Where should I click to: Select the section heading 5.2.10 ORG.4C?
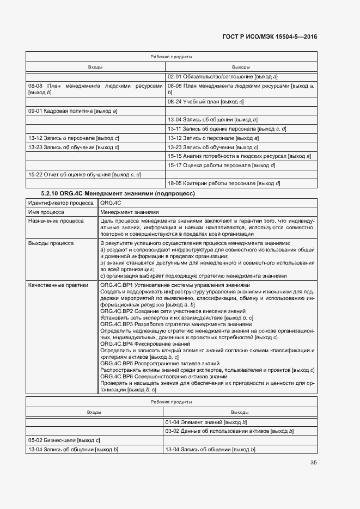click(x=118, y=193)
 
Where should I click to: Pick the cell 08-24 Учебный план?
click(x=205, y=101)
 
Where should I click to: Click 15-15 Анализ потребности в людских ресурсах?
click(x=239, y=156)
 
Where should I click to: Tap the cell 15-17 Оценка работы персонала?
click(x=221, y=165)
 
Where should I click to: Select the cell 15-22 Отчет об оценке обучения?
click(x=84, y=174)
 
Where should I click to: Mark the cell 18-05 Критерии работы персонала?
click(x=224, y=183)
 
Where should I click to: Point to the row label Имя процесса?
click(x=46, y=212)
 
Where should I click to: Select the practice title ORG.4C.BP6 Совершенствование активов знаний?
click(x=164, y=376)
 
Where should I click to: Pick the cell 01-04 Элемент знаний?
click(x=207, y=422)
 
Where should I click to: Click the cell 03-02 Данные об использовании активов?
click(x=229, y=431)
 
